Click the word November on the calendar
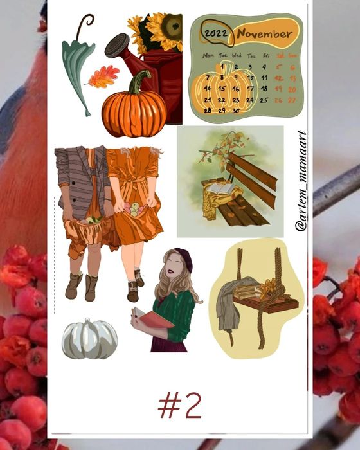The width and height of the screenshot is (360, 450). (x=264, y=34)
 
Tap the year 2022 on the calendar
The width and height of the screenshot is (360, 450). (x=216, y=33)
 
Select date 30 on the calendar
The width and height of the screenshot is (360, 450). (x=236, y=111)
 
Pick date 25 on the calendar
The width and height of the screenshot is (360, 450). (x=264, y=100)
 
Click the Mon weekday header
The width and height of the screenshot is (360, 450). (x=208, y=56)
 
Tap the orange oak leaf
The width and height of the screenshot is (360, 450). (x=103, y=76)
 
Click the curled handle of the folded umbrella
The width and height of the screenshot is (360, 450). (x=85, y=24)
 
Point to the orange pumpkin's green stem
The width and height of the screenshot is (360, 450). (x=139, y=82)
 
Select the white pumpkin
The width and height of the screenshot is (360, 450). (x=89, y=339)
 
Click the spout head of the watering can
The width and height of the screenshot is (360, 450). (x=117, y=45)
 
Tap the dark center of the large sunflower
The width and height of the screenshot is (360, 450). (x=172, y=26)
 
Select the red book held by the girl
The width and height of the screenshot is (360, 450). (x=153, y=318)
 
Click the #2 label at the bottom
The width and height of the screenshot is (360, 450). (x=180, y=405)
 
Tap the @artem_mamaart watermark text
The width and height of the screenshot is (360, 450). (x=301, y=181)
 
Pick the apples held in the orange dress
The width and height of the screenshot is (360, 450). (x=133, y=209)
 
